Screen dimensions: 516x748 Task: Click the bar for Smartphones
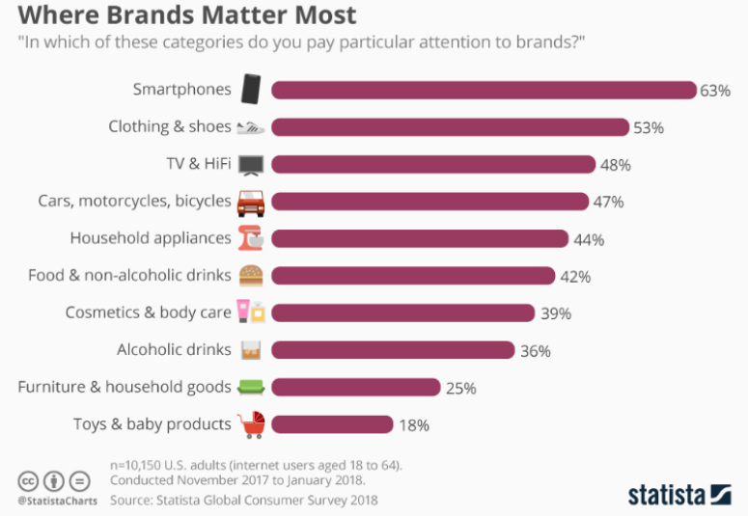pyautogui.click(x=483, y=90)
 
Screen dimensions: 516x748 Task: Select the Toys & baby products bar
pyautogui.click(x=332, y=424)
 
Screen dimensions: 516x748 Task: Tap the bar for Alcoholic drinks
pyautogui.click(x=392, y=350)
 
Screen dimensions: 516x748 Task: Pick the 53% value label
pyautogui.click(x=649, y=127)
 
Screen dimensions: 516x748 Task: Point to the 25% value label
pyautogui.click(x=461, y=388)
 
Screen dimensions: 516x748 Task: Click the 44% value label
pyautogui.click(x=589, y=239)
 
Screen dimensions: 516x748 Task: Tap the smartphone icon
pyautogui.click(x=251, y=90)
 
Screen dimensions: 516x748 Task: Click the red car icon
pyautogui.click(x=251, y=202)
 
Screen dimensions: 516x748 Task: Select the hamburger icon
pyautogui.click(x=251, y=276)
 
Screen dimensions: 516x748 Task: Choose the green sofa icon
pyautogui.click(x=251, y=388)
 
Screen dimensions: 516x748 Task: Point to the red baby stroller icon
pyautogui.click(x=251, y=424)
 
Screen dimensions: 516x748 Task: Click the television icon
pyautogui.click(x=251, y=165)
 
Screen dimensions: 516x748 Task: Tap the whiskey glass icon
pyautogui.click(x=251, y=350)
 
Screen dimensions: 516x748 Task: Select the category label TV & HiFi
pyautogui.click(x=198, y=164)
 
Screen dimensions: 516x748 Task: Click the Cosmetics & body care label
pyautogui.click(x=148, y=312)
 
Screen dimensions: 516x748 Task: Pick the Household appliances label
pyautogui.click(x=151, y=238)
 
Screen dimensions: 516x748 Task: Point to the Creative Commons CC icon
pyautogui.click(x=28, y=480)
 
